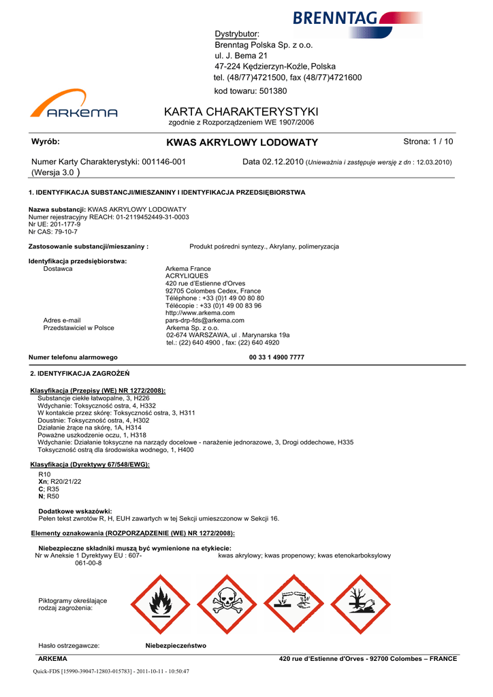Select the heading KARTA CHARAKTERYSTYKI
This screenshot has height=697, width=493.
coord(241,112)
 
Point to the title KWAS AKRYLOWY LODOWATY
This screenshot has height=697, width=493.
coord(242,142)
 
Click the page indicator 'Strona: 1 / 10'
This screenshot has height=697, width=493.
coord(428,142)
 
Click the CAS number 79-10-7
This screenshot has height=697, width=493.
coord(64,231)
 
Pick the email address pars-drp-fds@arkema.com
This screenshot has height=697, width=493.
coord(205,320)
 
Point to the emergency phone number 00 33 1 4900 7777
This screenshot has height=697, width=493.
coord(276,357)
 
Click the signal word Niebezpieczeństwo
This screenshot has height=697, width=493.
coord(176,645)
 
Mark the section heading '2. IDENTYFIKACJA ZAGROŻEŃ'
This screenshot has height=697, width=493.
coord(80,374)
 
